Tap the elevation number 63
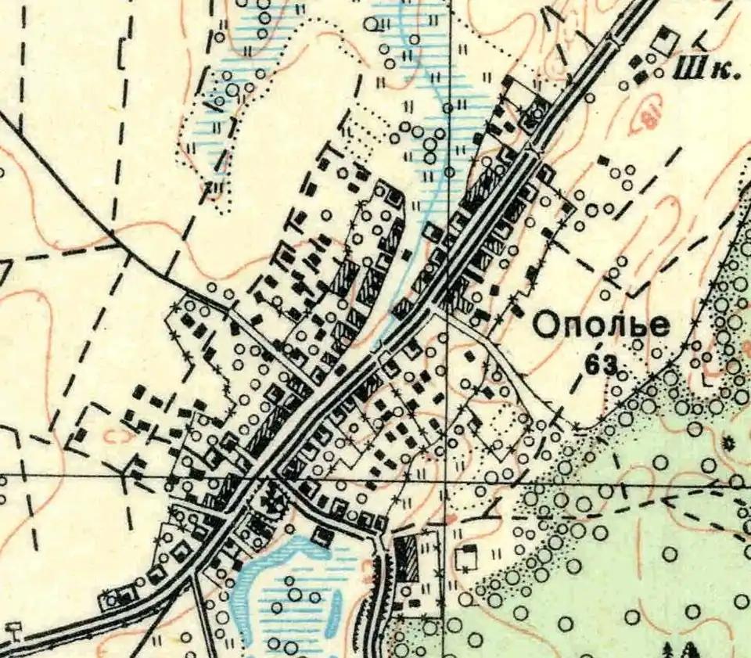pos(600,364)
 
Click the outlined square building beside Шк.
pos(666,41)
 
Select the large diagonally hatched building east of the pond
pos(406,558)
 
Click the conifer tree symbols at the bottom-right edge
pos(679,649)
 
